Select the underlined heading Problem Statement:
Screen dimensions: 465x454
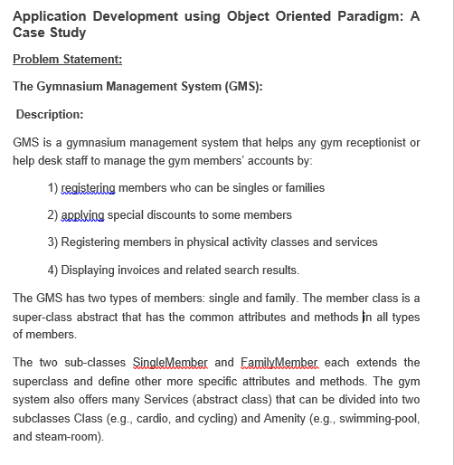(68, 60)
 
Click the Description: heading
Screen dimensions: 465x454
(50, 114)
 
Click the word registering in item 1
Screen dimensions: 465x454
(88, 188)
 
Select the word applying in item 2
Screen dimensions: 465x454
(83, 215)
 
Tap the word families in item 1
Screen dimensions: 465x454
(304, 188)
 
